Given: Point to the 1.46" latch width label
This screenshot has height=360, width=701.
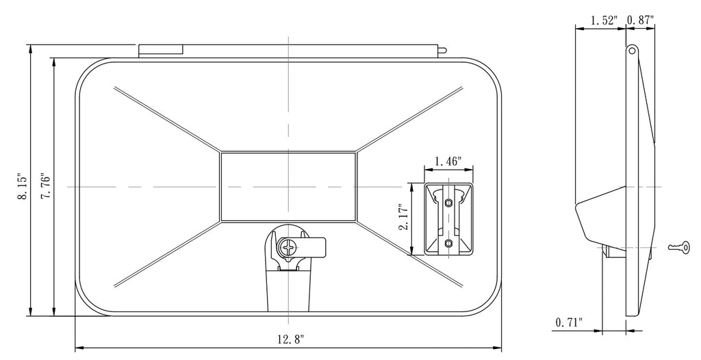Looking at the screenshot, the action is click(x=448, y=161).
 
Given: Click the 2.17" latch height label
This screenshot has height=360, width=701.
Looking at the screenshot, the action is click(x=404, y=218).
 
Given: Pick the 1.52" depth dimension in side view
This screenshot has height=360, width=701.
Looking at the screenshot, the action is click(x=604, y=20).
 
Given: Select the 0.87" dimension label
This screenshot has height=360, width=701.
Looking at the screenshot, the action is click(x=640, y=20).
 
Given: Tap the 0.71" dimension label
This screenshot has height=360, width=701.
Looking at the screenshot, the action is click(x=569, y=322).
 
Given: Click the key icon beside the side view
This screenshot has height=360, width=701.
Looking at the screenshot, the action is click(x=678, y=246).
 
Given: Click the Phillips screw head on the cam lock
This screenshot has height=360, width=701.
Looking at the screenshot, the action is click(x=287, y=246).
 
